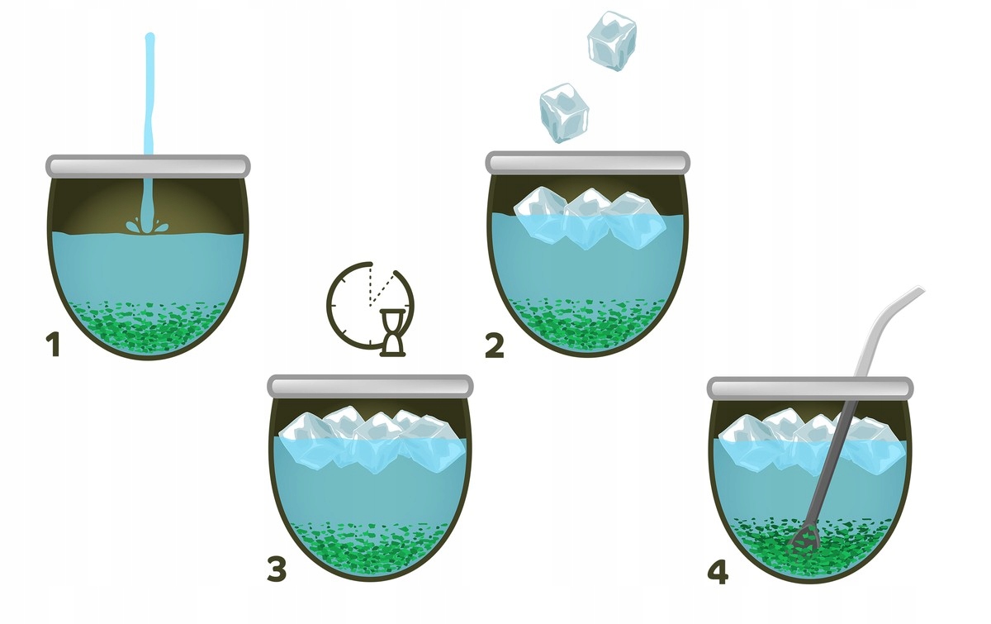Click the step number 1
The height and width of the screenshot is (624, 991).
pyautogui.click(x=54, y=345)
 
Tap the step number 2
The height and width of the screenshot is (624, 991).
pyautogui.click(x=495, y=346)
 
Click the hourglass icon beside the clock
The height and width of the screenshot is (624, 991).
pyautogui.click(x=392, y=332)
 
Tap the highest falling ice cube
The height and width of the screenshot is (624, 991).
pyautogui.click(x=612, y=40)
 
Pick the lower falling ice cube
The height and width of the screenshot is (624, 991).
pyautogui.click(x=564, y=113)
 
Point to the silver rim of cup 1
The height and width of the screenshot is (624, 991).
pyautogui.click(x=148, y=165)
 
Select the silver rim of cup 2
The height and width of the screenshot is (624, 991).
pyautogui.click(x=587, y=162)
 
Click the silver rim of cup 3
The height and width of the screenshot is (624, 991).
pyautogui.click(x=370, y=386)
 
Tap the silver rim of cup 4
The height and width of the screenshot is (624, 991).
pyautogui.click(x=810, y=388)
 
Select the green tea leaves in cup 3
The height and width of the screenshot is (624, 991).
pyautogui.click(x=371, y=548)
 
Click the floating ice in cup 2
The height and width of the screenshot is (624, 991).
pyautogui.click(x=590, y=218)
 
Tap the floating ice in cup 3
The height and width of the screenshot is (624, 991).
pyautogui.click(x=372, y=440)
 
